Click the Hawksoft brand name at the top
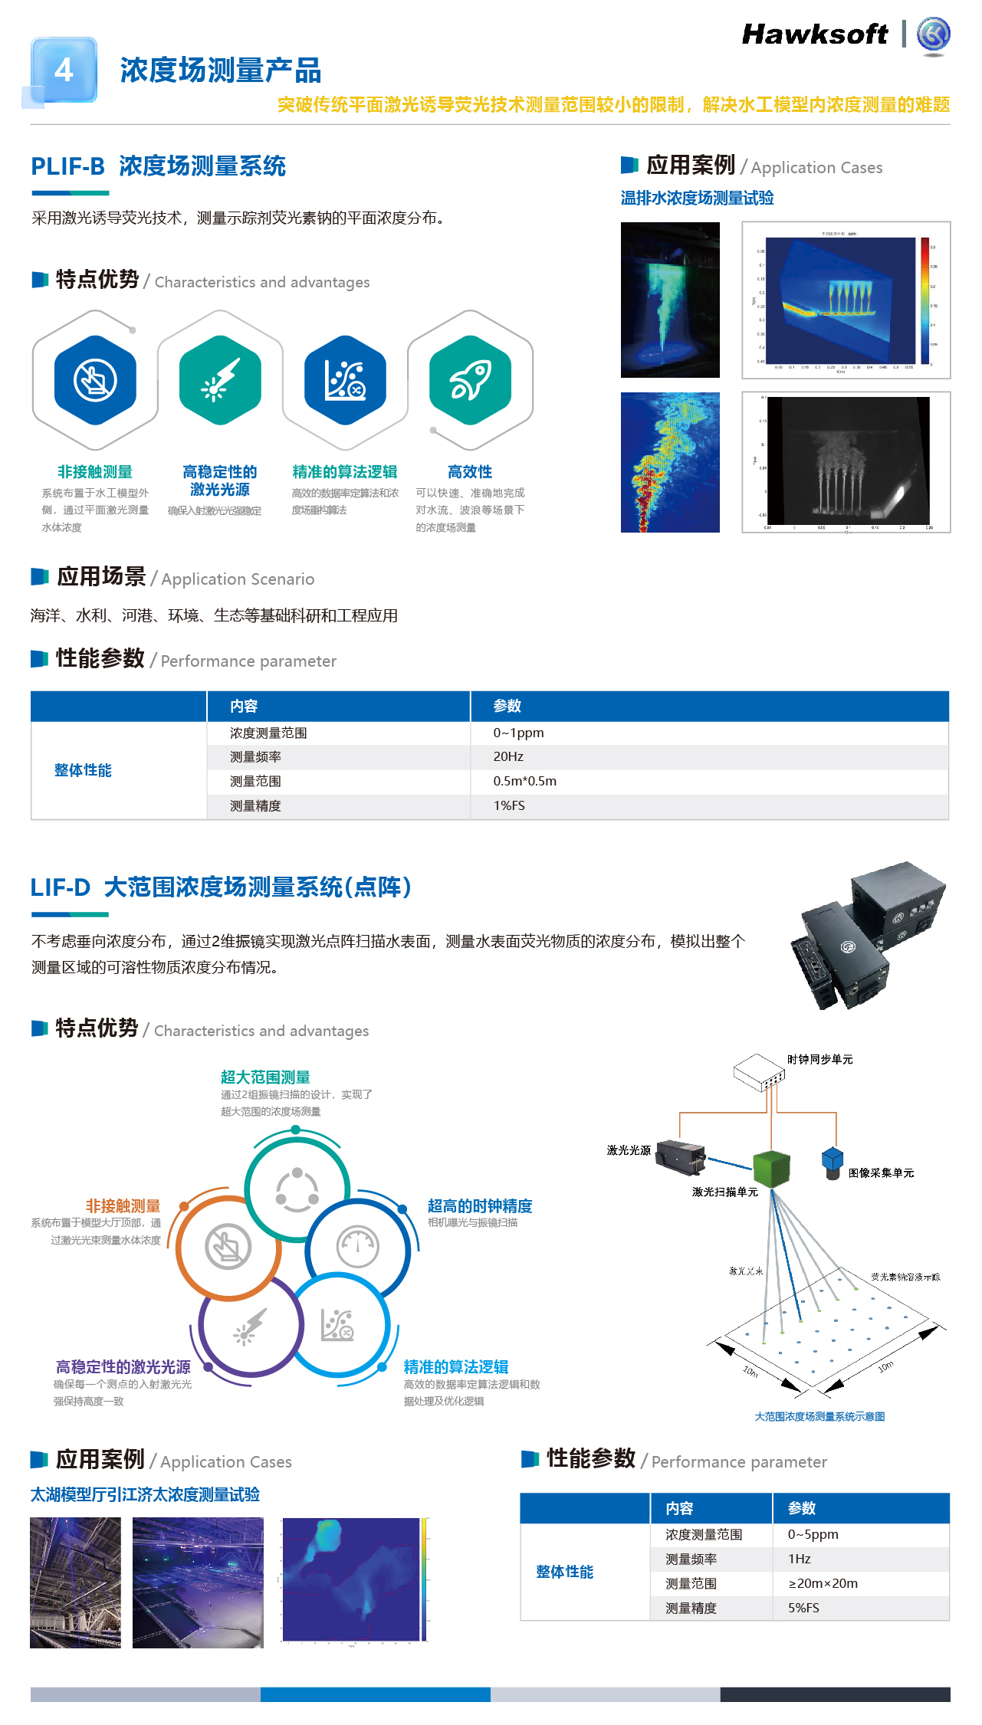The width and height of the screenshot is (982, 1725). click(815, 34)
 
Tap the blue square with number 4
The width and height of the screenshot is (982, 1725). click(64, 71)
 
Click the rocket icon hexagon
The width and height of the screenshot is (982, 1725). click(470, 380)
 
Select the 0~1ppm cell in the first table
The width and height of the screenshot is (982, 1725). click(518, 733)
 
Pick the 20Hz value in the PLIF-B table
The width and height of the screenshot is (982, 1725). click(508, 756)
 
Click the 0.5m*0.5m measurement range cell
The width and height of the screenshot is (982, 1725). click(524, 781)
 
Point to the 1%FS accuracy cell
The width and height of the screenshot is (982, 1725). click(509, 805)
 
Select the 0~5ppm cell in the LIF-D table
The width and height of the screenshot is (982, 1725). click(813, 1534)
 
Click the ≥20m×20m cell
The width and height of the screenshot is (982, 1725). click(823, 1583)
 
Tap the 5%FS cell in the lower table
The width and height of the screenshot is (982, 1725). click(803, 1608)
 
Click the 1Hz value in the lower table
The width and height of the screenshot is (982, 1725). click(799, 1559)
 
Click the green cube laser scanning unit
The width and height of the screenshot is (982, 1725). click(771, 1169)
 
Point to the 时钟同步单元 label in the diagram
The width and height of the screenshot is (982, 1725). click(819, 1059)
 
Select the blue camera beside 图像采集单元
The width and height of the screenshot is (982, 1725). click(833, 1163)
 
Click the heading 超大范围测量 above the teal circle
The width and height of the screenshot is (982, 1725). click(265, 1077)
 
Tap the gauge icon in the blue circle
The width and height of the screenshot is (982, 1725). click(357, 1247)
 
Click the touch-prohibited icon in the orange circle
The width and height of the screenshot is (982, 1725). click(228, 1247)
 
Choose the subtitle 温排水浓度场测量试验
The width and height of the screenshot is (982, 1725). click(697, 198)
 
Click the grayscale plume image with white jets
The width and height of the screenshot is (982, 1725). click(846, 462)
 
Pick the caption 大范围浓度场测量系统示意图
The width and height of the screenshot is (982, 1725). click(819, 1417)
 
